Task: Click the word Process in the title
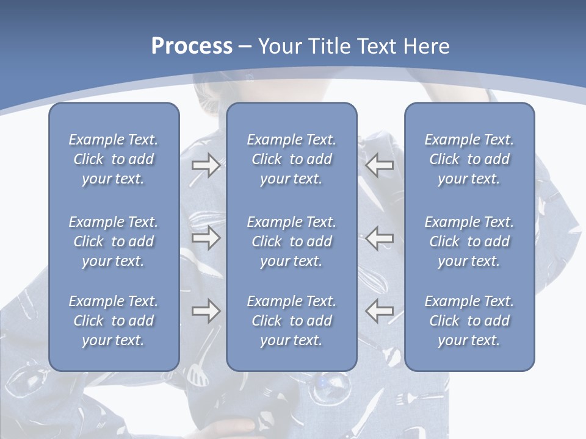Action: [x=192, y=46]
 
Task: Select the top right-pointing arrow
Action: [x=206, y=165]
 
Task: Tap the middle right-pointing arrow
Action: [x=206, y=238]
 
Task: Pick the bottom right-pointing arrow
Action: [x=206, y=312]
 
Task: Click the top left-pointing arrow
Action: [x=379, y=165]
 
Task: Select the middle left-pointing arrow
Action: [x=379, y=238]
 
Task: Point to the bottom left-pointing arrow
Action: [x=379, y=312]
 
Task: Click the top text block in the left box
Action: [x=114, y=159]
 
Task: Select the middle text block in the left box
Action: [x=114, y=241]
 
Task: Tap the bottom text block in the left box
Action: [x=114, y=321]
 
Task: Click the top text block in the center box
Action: [x=291, y=159]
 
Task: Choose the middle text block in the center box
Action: [x=291, y=241]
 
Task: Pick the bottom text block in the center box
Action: [x=291, y=321]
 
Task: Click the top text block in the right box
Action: [x=469, y=159]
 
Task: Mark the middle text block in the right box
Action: [x=469, y=241]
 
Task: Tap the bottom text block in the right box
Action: [x=469, y=321]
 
